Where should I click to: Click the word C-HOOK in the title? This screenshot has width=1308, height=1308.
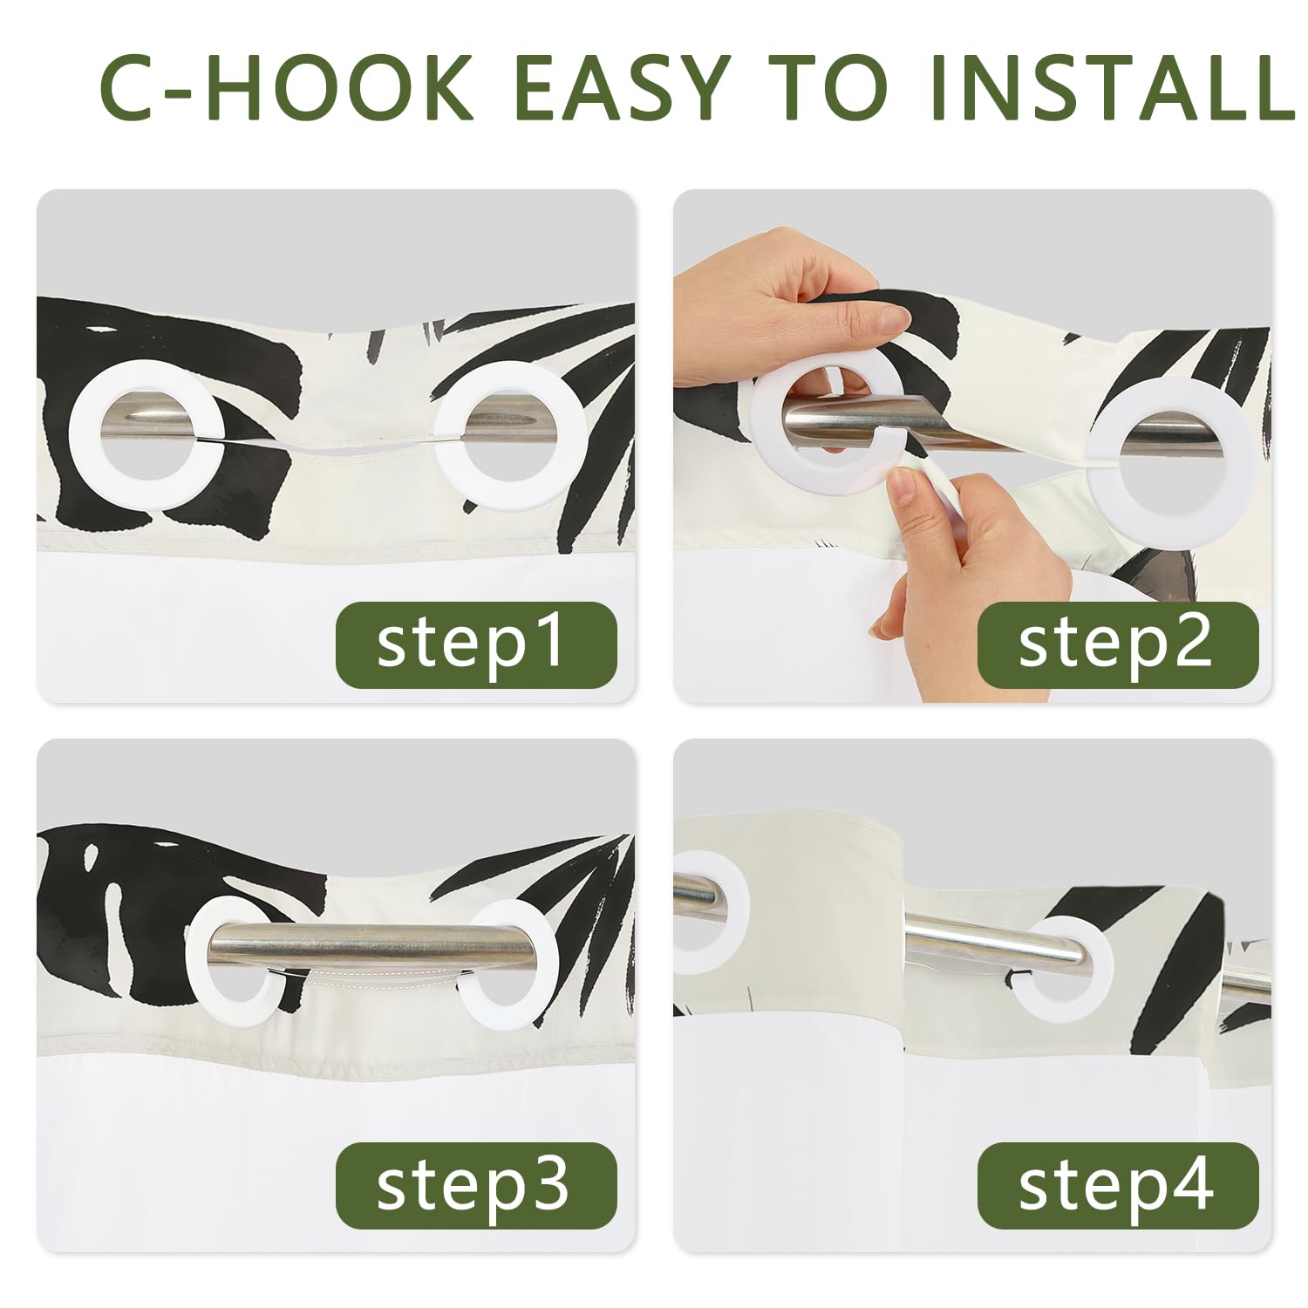coord(288,87)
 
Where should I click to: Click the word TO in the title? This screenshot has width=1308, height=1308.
coord(828,87)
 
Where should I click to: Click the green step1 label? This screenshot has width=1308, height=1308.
coord(476,644)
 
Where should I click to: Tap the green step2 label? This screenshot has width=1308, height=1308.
coord(1117,644)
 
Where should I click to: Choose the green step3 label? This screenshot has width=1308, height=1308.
coord(476,1185)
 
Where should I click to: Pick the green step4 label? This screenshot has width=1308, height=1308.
coord(1117,1185)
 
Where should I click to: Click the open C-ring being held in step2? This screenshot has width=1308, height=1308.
coord(767,419)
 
